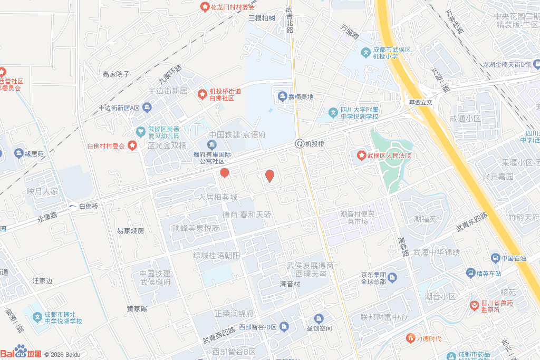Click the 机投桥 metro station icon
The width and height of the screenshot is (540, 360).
click(x=300, y=143)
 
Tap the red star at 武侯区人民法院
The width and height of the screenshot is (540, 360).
click(x=361, y=155)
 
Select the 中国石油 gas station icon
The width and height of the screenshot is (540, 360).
click(x=495, y=258)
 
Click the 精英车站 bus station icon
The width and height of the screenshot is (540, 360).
click(x=470, y=273)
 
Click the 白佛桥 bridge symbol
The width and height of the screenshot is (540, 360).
click(x=73, y=206)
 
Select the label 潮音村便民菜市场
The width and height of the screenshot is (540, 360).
click(x=358, y=218)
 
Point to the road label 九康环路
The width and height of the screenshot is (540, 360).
click(x=170, y=75)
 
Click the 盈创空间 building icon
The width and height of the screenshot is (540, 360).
click(x=319, y=318)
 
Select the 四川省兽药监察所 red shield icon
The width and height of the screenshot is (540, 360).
click(x=475, y=305)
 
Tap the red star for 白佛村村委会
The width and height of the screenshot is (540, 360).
click(x=132, y=145)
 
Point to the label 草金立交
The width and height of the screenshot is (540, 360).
click(x=420, y=103)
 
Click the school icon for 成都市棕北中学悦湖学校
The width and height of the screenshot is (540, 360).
click(x=37, y=317)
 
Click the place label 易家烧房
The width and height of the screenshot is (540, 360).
click(x=130, y=231)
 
